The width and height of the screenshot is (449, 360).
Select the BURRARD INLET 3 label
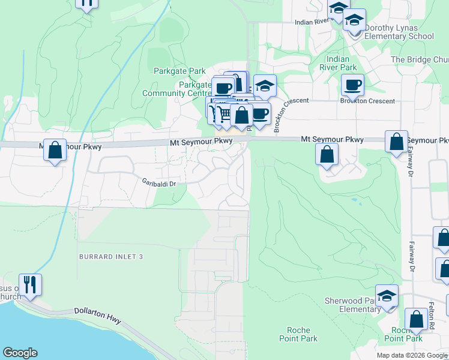point(112,257)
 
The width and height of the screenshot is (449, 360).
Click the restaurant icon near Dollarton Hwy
point(30,284)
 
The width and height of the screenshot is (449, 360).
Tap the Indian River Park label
point(341,63)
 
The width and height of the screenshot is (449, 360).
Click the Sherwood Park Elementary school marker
point(387,295)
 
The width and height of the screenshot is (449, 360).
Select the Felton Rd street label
point(432,316)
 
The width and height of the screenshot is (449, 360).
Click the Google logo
point(20,353)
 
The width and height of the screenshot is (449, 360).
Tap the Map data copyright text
point(412,355)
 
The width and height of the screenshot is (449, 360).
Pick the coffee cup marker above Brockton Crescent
point(352,85)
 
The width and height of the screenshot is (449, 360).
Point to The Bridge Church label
point(420,60)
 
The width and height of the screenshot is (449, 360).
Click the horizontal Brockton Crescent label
point(367,101)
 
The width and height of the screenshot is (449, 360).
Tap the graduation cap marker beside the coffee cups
point(265,86)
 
